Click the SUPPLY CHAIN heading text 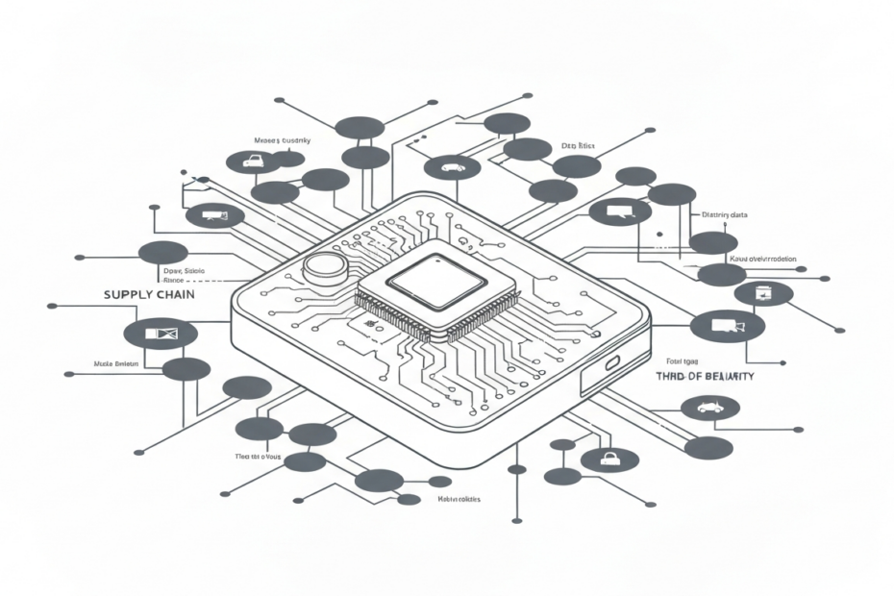click(x=149, y=294)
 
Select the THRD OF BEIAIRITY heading click(x=704, y=376)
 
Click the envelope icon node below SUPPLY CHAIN click(x=161, y=334)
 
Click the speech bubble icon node click(x=619, y=211)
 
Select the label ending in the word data click(x=726, y=215)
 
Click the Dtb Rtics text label click(x=578, y=146)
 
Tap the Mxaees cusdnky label click(x=282, y=140)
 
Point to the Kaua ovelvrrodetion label click(x=763, y=260)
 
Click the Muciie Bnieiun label click(x=116, y=365)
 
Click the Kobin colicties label click(x=459, y=500)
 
